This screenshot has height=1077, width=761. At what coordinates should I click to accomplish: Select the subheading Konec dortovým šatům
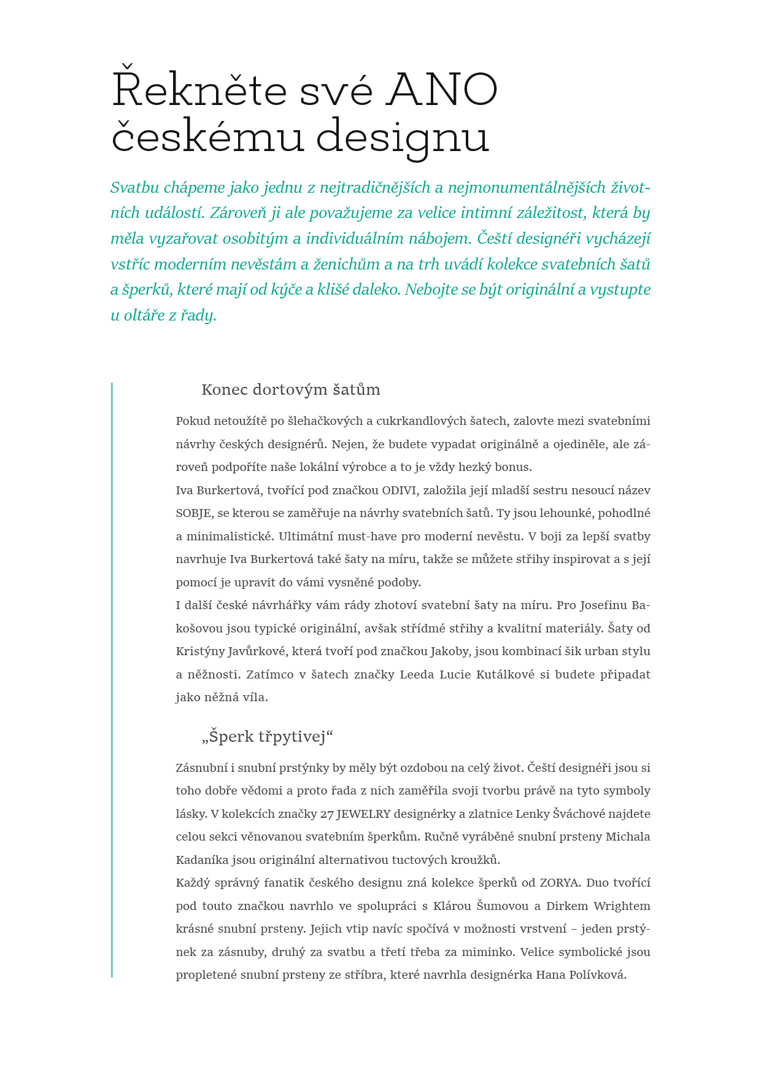(291, 390)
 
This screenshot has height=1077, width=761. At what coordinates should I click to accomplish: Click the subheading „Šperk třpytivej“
(268, 736)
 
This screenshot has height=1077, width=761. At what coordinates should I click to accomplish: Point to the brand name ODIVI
(400, 491)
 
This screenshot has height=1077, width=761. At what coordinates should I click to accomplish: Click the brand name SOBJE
(193, 513)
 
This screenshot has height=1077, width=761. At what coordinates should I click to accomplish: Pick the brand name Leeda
(417, 675)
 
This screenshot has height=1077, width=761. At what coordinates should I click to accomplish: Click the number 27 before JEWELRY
(327, 814)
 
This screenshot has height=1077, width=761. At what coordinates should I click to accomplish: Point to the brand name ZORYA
(559, 883)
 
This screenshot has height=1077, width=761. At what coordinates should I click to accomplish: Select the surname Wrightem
(622, 906)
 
